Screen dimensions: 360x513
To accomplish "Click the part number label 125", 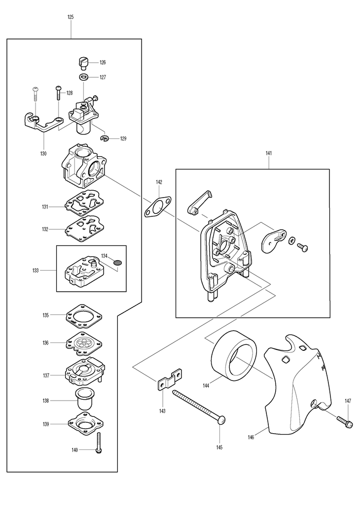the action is pos(71,17).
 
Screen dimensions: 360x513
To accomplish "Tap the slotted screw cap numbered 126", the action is pos(84,63).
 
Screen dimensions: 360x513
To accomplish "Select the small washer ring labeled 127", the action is pos(84,77).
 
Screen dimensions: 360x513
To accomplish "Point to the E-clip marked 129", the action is pos(105,138).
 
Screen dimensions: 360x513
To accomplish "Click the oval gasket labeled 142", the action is pos(158,207).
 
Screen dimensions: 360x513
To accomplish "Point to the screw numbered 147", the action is pos(344,421).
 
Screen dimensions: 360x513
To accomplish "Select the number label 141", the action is pos(269,153).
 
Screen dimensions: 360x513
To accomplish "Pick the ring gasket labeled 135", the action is pos(84,316).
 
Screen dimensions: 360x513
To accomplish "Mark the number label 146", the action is pos(251,438).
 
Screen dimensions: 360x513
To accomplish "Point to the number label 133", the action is pos(36,271).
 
